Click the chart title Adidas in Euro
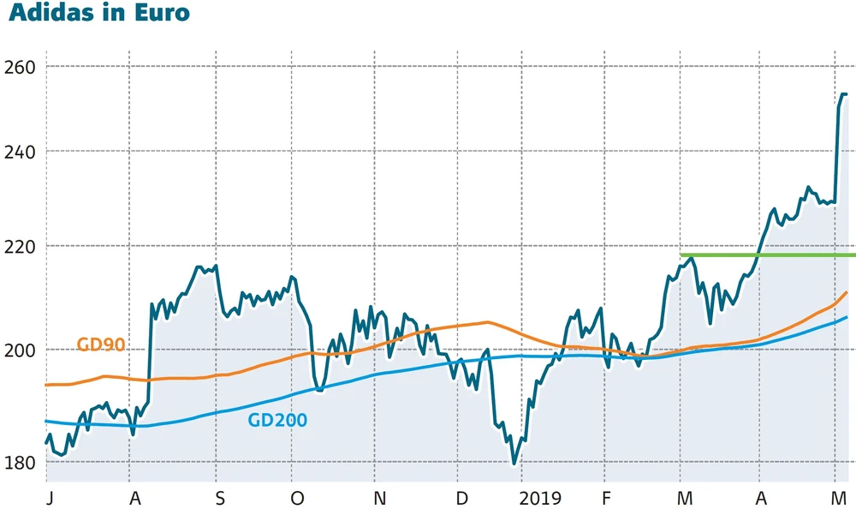point(99,14)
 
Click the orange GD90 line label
point(101,345)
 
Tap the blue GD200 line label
point(276,421)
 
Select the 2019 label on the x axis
point(539,499)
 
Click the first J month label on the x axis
point(49,499)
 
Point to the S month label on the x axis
point(220,499)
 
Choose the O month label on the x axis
point(297,499)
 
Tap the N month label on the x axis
point(380,499)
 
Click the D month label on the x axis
point(461,499)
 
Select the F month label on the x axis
point(605,499)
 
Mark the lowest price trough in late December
point(514,463)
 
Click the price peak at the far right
point(842,94)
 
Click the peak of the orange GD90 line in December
point(486,322)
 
